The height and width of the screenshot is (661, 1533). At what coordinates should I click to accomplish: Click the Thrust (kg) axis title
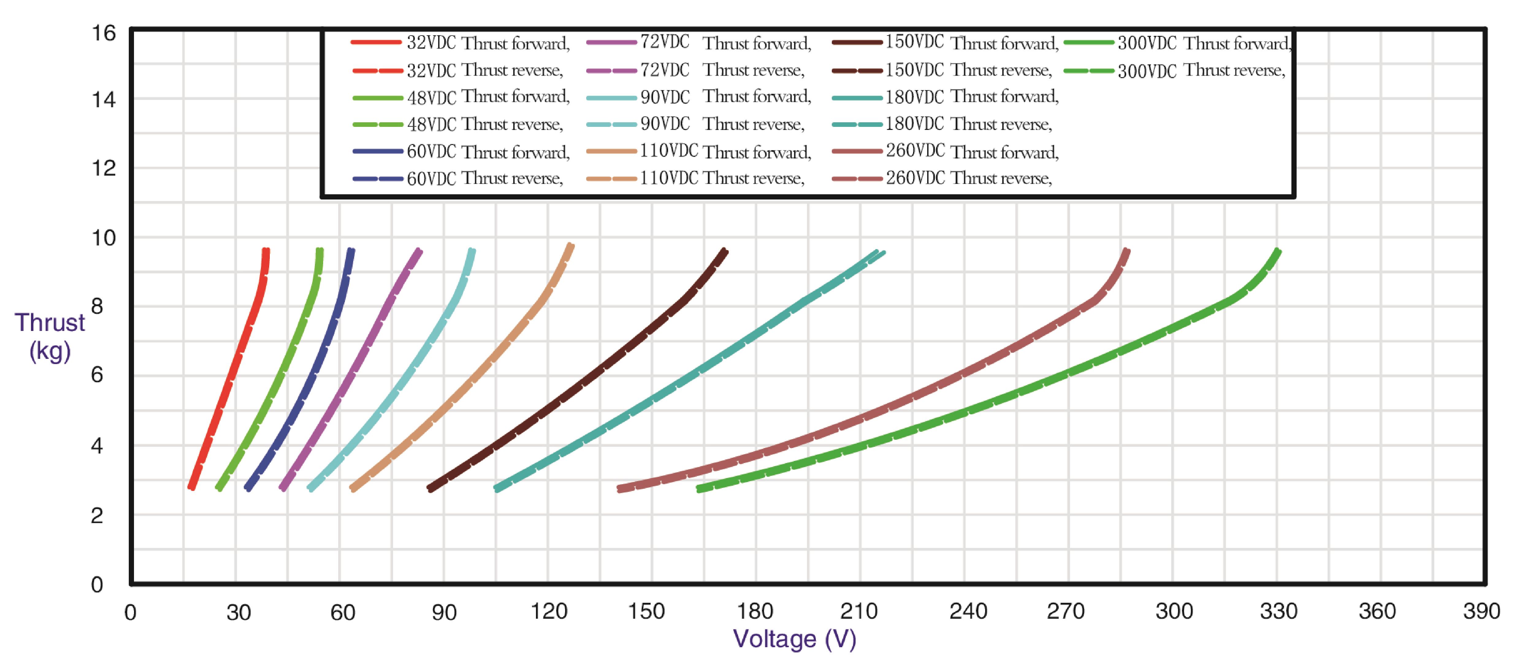click(50, 337)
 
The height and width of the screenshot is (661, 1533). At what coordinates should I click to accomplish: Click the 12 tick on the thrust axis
click(104, 168)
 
